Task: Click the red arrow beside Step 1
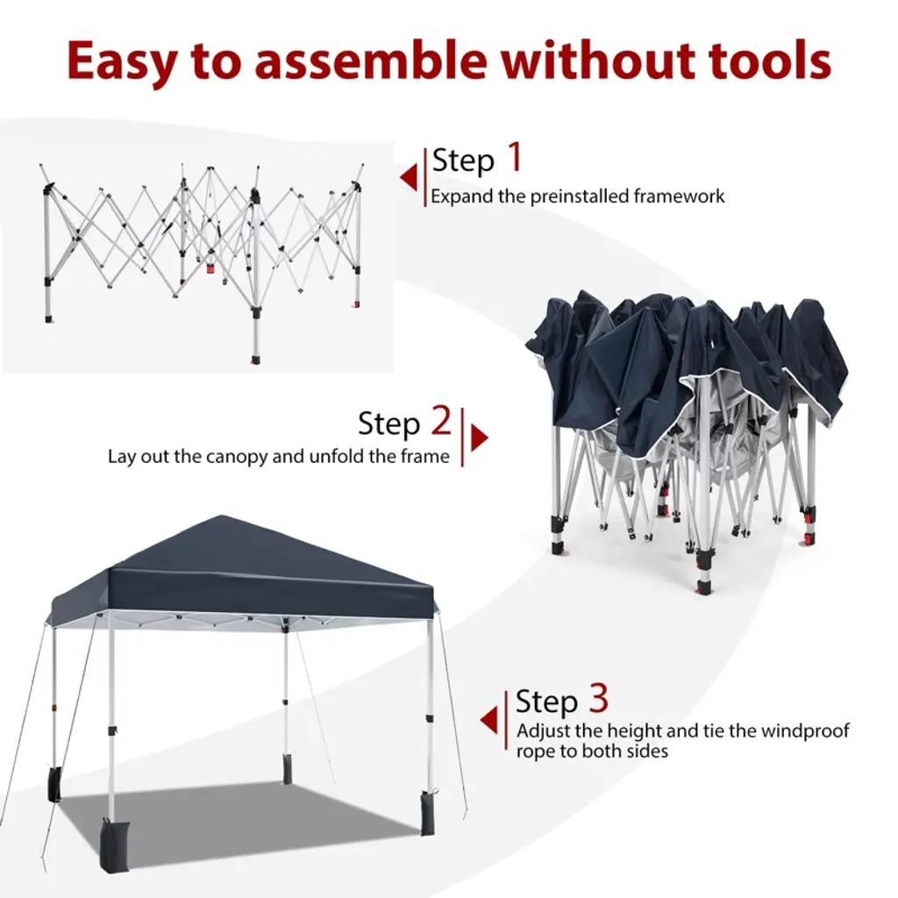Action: [409, 177]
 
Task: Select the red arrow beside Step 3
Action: [488, 720]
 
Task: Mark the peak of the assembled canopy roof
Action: [220, 516]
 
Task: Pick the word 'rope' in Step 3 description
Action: [536, 752]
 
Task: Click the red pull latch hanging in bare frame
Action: [210, 269]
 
